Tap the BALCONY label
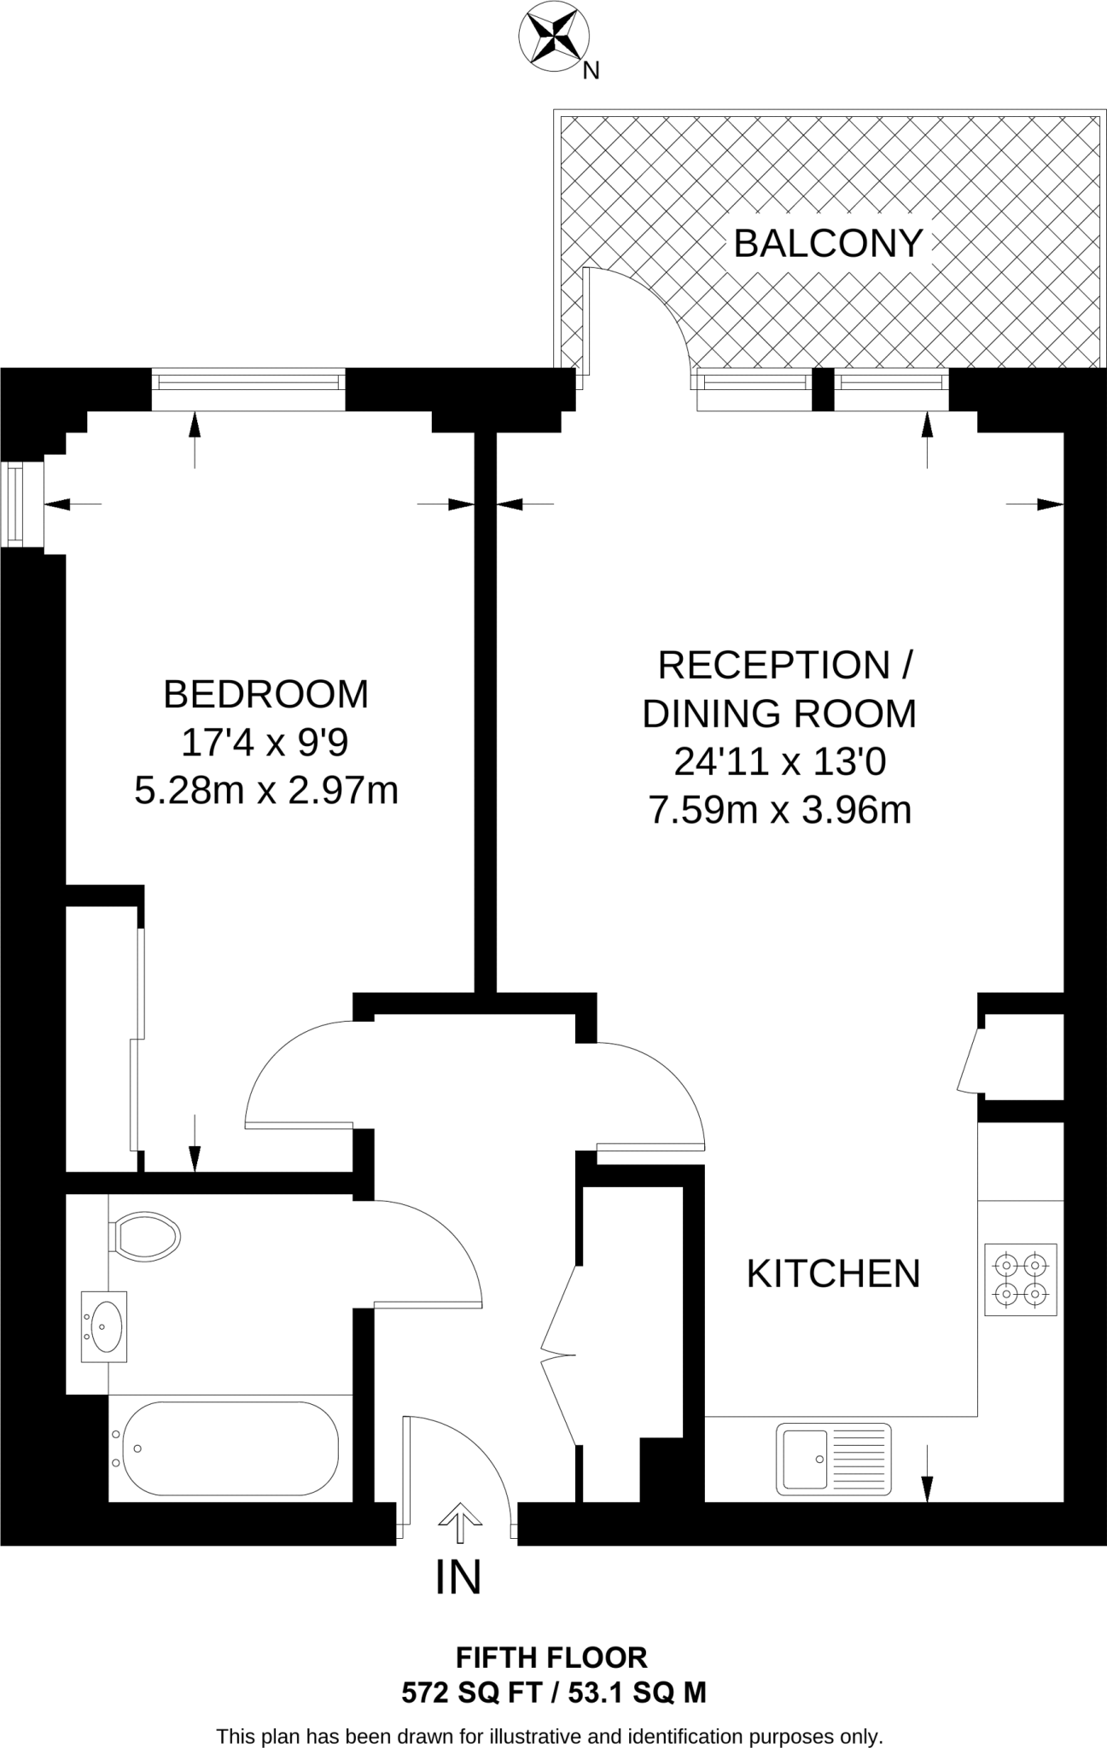tap(828, 244)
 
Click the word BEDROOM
tap(265, 694)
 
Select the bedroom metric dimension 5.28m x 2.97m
tap(265, 790)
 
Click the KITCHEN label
tap(833, 1273)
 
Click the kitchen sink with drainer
tap(833, 1459)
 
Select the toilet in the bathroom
tap(145, 1235)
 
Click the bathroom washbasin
tap(104, 1326)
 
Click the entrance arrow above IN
tap(459, 1522)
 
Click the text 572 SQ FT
tap(471, 1693)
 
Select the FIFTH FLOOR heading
tap(552, 1658)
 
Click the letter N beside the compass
tap(591, 73)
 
